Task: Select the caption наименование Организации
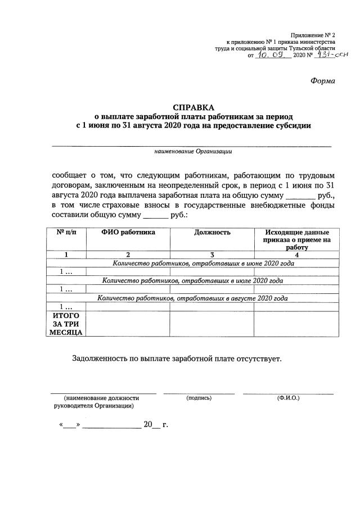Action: point(193,151)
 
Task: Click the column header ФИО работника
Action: point(128,232)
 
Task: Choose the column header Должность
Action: point(212,232)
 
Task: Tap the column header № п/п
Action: point(65,232)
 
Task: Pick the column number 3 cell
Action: point(212,255)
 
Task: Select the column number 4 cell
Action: point(296,255)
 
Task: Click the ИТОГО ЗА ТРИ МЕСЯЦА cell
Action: point(65,324)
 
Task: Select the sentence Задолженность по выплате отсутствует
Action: point(176,358)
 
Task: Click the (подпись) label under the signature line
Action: point(199,398)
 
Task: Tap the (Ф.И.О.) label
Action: point(288,398)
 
